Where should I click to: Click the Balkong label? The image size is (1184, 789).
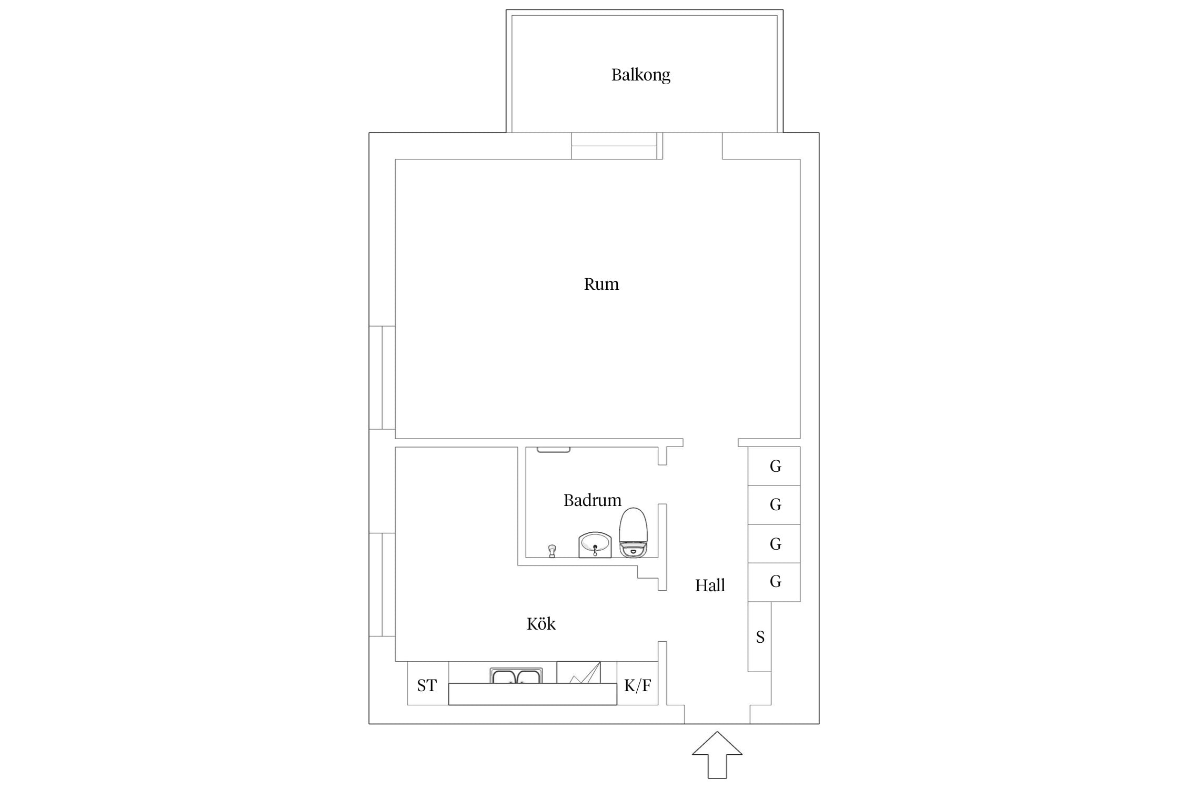pos(640,75)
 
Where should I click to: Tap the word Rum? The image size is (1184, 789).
pos(601,284)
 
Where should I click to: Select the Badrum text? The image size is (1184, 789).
pos(592,500)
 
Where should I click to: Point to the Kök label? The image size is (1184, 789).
pos(541,623)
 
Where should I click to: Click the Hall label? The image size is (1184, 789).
pos(710,585)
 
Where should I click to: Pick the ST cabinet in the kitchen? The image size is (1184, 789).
pos(428,683)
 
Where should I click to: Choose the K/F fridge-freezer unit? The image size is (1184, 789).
pos(637,683)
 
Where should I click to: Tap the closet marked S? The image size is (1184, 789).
pos(760,636)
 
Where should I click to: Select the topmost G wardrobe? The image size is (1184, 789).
pos(774,466)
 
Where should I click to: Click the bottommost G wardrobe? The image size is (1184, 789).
pos(774,582)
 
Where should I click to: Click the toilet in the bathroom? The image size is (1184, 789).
pos(633,532)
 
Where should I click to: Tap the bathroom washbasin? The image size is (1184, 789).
pos(595,544)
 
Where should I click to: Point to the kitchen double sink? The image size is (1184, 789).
pos(516,675)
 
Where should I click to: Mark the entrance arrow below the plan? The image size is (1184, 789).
pos(717,755)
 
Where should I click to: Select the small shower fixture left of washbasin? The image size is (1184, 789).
pos(552,551)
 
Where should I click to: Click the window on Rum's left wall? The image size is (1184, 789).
pos(382,378)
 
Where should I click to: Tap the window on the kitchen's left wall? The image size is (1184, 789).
pos(382,585)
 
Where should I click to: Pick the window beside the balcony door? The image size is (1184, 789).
pos(614,146)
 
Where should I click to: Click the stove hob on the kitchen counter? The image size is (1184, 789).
pos(578,672)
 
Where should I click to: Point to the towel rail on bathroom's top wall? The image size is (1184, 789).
pos(554,450)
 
